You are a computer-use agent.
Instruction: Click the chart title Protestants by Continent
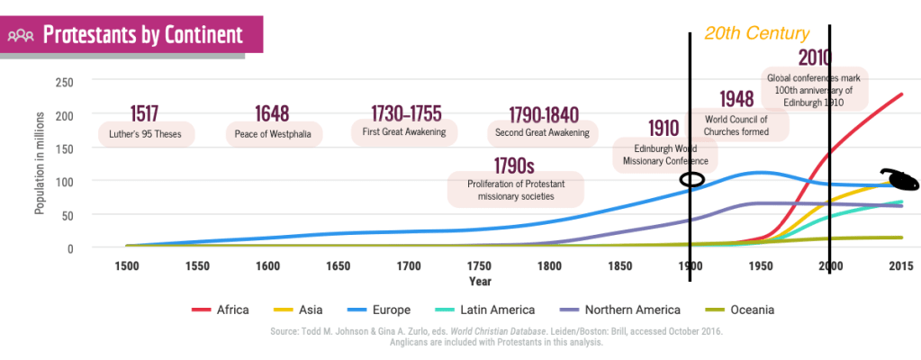click(x=143, y=35)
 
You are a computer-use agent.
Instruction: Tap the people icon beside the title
click(x=21, y=36)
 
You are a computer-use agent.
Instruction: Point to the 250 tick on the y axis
click(x=64, y=82)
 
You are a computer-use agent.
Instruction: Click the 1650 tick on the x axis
click(x=338, y=266)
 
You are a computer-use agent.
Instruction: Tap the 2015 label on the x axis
click(x=901, y=266)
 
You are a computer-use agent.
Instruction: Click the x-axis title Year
click(x=480, y=281)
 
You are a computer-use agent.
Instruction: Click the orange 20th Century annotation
click(x=756, y=34)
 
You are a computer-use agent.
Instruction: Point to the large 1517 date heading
click(x=144, y=113)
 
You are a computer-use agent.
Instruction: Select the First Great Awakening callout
click(x=403, y=132)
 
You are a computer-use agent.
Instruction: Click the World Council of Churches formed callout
click(x=736, y=125)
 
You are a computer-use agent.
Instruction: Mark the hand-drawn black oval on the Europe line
click(x=692, y=179)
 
